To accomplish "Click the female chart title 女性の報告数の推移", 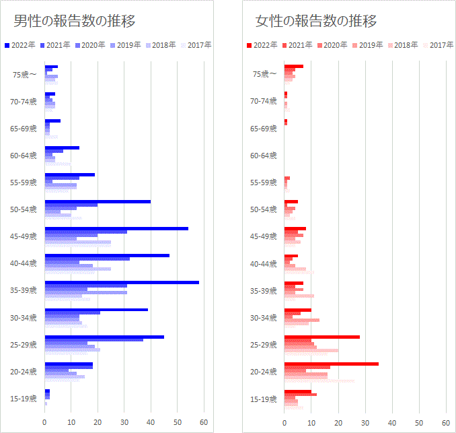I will coord(316,21).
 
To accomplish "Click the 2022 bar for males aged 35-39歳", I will coord(122,282).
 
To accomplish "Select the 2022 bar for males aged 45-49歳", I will coord(116,228).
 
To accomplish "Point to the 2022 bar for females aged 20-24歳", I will coord(331,364).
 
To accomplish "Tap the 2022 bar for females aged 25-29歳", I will coord(321,337).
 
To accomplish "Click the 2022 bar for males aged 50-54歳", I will coord(98,201).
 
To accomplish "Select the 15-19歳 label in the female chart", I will coord(263,399).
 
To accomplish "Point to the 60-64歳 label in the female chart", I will coord(263,156).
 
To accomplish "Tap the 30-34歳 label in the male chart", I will coord(24,318).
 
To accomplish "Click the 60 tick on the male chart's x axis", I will coord(204,423).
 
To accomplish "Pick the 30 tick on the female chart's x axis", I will coord(365,423).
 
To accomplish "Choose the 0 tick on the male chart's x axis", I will coord(45,423).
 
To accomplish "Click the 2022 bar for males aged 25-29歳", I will coord(104,337).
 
